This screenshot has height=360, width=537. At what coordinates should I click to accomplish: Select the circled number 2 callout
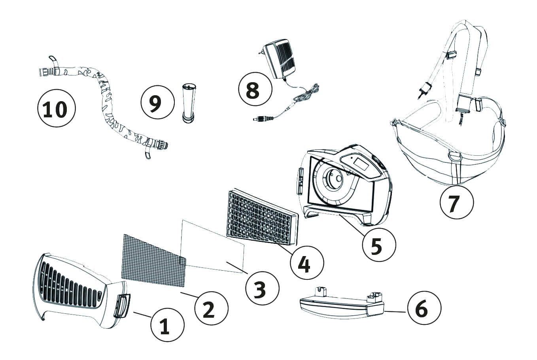(212, 309)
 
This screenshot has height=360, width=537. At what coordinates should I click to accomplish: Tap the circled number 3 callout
(262, 289)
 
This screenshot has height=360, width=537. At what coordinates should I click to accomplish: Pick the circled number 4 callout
(306, 262)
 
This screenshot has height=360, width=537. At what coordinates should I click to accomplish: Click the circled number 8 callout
(255, 89)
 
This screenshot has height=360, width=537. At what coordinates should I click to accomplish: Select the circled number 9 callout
(157, 102)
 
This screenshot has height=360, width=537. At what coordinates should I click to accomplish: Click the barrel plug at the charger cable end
(263, 118)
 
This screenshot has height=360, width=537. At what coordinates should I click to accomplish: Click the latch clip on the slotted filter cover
(121, 305)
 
